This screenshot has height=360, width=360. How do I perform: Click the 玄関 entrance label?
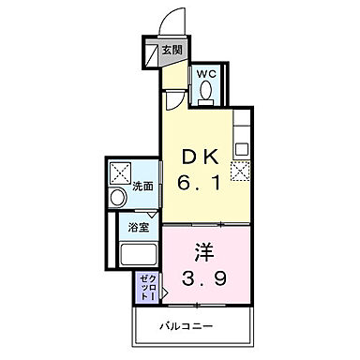(x=172, y=51)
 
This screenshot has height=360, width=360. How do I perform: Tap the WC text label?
(x=205, y=74)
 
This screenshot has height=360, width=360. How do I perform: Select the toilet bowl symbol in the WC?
(x=206, y=93)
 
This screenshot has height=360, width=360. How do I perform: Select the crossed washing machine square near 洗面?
(x=120, y=172)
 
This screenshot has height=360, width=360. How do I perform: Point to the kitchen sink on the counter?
(x=240, y=148)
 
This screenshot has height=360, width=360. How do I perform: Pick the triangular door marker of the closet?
(x=165, y=293)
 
